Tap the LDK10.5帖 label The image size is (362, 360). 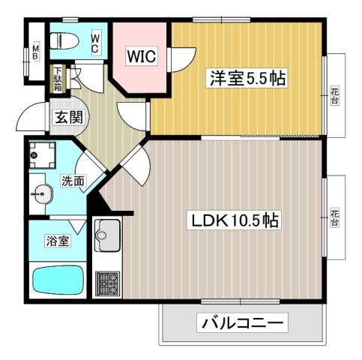233,220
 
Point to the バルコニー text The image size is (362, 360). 241,324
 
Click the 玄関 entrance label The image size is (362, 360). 67,118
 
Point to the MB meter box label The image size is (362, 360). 34,53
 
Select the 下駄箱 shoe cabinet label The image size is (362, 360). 58,80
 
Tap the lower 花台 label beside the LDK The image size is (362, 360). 335,218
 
